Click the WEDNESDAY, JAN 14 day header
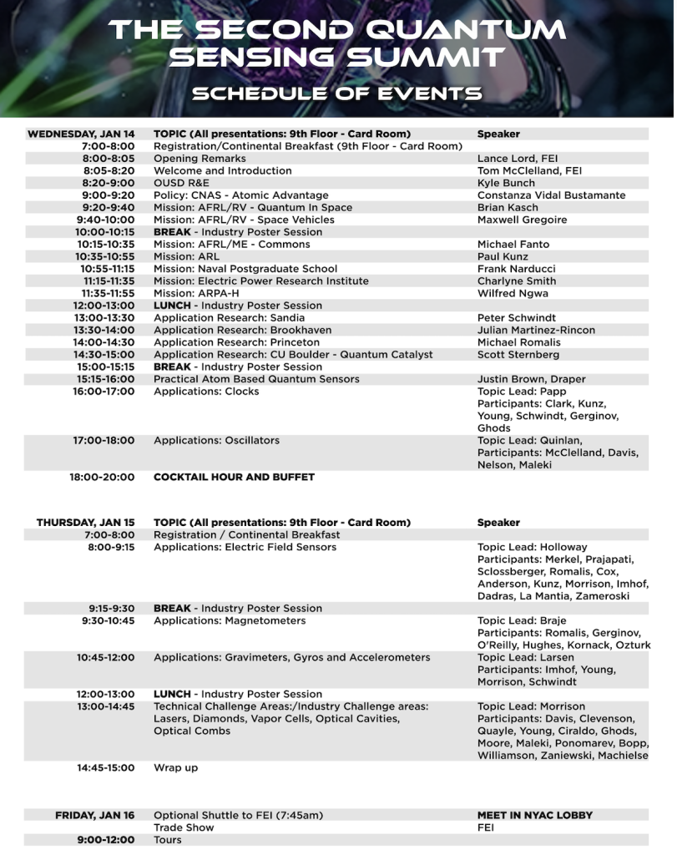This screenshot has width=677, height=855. click(x=81, y=134)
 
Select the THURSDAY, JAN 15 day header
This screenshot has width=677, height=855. click(x=85, y=523)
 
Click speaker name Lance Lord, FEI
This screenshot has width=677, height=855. click(x=518, y=158)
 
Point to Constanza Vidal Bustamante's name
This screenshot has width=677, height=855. click(x=551, y=195)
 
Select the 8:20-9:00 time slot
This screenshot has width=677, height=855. click(x=109, y=183)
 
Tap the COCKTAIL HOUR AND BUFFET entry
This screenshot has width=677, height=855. click(x=234, y=478)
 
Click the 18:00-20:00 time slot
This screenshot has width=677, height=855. click(x=102, y=478)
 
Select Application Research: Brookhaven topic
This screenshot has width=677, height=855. click(x=242, y=330)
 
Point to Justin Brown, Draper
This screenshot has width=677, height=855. click(x=531, y=379)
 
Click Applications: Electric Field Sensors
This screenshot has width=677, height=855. click(x=245, y=548)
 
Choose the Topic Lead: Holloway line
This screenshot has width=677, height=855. click(x=532, y=548)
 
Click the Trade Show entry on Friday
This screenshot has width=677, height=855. click(x=184, y=827)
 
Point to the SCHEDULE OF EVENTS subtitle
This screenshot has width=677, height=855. click(x=337, y=92)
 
